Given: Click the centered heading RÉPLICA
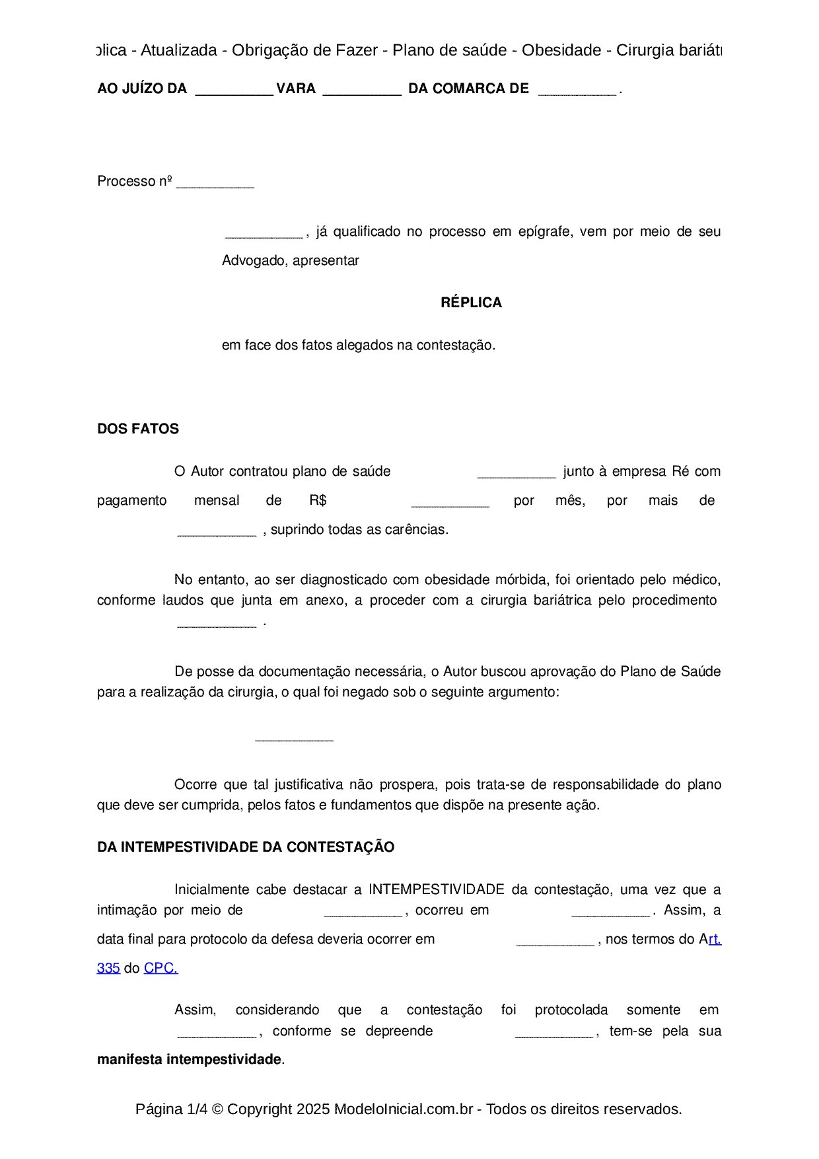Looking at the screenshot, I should click(471, 303).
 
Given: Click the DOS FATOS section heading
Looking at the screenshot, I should click(138, 429).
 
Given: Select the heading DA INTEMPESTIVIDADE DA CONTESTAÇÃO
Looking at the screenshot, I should click(246, 847).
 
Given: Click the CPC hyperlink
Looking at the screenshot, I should click(160, 968).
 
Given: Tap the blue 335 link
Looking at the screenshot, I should click(108, 968).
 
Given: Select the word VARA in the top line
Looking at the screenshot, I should click(296, 89).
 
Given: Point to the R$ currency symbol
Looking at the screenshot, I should click(318, 500).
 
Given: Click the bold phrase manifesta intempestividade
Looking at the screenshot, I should click(190, 1059).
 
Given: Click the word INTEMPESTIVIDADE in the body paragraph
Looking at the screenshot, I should click(436, 889).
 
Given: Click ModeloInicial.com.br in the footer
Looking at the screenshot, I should click(404, 1109).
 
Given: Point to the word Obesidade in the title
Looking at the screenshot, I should click(561, 50).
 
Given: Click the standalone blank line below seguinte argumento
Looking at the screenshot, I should click(294, 739).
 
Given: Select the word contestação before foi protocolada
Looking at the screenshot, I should click(445, 1010).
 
